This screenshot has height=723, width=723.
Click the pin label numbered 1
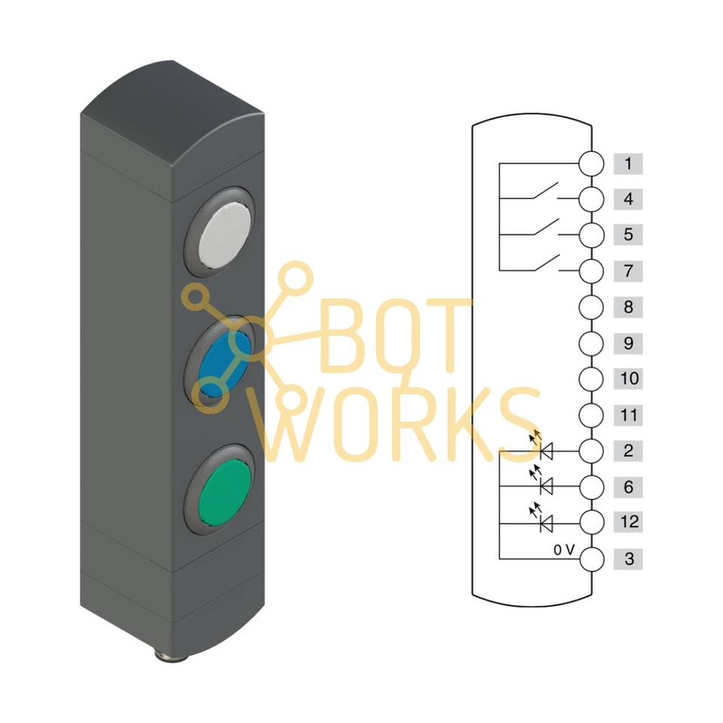628,163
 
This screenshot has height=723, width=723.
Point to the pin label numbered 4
628,200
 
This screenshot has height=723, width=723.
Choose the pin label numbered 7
628,270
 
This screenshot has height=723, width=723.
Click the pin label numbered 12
628,522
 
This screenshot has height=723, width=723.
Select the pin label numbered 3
628,560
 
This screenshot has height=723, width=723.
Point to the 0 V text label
563,550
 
